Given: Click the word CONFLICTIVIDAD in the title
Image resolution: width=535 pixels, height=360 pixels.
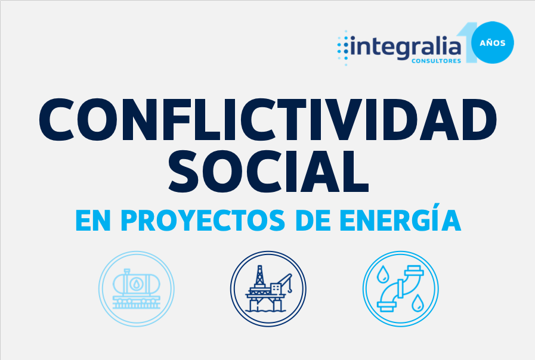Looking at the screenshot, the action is tap(268, 119).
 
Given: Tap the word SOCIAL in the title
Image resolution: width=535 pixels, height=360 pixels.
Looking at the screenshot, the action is tap(269, 172).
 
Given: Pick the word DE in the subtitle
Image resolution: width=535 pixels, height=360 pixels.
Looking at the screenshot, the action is tap(313, 221).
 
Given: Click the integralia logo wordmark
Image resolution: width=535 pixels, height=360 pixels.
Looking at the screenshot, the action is tap(406, 48).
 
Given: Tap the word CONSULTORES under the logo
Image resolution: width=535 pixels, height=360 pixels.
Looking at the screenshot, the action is tap(437, 61).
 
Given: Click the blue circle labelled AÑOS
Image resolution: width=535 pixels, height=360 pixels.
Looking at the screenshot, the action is tap(492, 42).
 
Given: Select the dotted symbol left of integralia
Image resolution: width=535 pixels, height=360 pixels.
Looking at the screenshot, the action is tap(343, 48).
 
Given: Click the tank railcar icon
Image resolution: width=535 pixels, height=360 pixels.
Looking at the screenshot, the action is tap(137, 288).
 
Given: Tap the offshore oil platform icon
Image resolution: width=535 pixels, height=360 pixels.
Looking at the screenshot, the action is tap(268, 288).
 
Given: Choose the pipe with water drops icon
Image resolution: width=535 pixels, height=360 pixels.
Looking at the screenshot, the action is tap(401, 288).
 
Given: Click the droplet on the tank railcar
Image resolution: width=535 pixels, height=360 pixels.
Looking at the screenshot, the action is tap(137, 284).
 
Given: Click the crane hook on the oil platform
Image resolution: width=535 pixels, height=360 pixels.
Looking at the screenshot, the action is tap(290, 290).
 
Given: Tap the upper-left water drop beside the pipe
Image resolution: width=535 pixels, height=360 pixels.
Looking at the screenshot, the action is tap(382, 274).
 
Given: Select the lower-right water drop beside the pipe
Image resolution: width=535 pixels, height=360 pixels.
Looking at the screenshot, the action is tap(418, 303).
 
